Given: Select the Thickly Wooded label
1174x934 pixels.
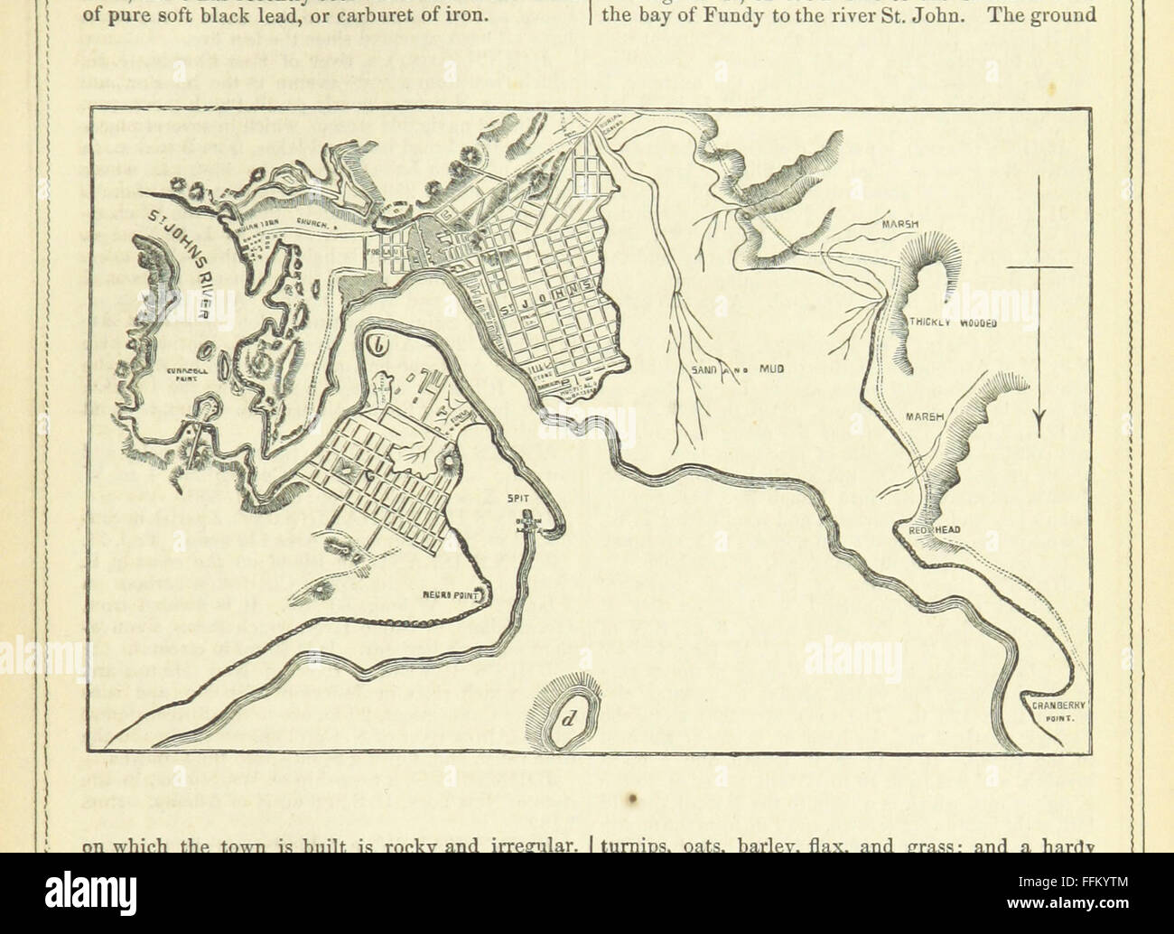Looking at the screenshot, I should point(953,322).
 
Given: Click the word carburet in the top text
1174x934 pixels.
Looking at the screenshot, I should point(372,14).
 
